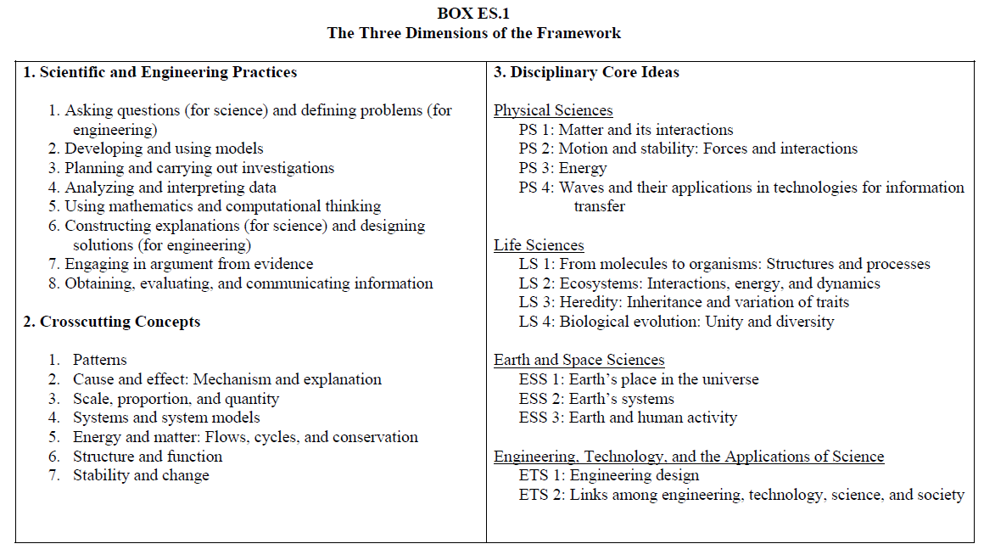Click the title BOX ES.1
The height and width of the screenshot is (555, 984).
[473, 14]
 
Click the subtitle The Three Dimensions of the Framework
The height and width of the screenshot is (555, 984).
[473, 33]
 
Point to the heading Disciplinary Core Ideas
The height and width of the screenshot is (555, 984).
[586, 72]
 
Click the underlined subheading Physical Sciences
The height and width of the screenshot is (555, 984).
[553, 110]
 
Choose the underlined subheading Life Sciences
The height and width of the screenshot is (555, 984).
[539, 245]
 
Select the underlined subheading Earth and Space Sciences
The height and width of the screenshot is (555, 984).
[579, 361]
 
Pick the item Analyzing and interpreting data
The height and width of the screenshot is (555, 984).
[162, 188]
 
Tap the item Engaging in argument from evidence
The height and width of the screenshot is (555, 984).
[181, 264]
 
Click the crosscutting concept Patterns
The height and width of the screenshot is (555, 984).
[99, 360]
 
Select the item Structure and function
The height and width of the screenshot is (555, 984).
[147, 456]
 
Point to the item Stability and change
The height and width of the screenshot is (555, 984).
[140, 475]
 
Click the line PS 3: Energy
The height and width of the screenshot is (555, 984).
[563, 168]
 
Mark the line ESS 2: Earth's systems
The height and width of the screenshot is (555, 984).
[596, 399]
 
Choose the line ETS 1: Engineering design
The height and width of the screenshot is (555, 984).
[609, 475]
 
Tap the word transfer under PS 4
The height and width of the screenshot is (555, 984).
[600, 206]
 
